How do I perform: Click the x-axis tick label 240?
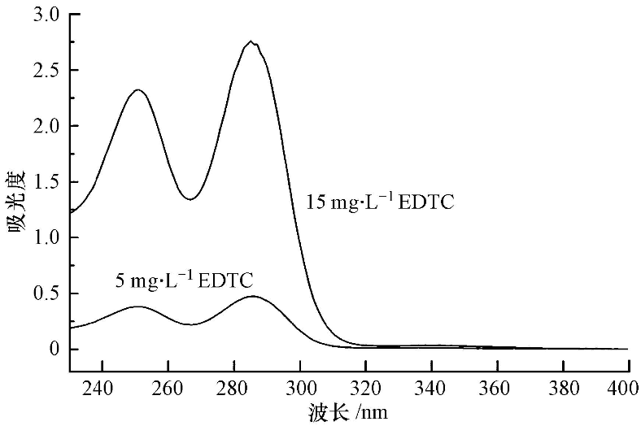(102, 387)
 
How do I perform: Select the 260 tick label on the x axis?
(168, 387)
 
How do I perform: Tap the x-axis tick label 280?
(233, 387)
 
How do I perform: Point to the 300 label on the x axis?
(299, 387)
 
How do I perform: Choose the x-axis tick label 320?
(365, 387)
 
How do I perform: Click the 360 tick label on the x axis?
(497, 387)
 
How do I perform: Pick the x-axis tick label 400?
(627, 387)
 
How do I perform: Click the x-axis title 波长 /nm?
(351, 413)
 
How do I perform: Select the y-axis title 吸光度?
(18, 202)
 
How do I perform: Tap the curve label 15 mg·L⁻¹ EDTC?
(380, 202)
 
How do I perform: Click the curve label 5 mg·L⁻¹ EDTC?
(185, 280)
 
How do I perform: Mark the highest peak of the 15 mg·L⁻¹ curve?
(251, 41)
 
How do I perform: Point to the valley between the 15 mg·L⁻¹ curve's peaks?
(190, 199)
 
